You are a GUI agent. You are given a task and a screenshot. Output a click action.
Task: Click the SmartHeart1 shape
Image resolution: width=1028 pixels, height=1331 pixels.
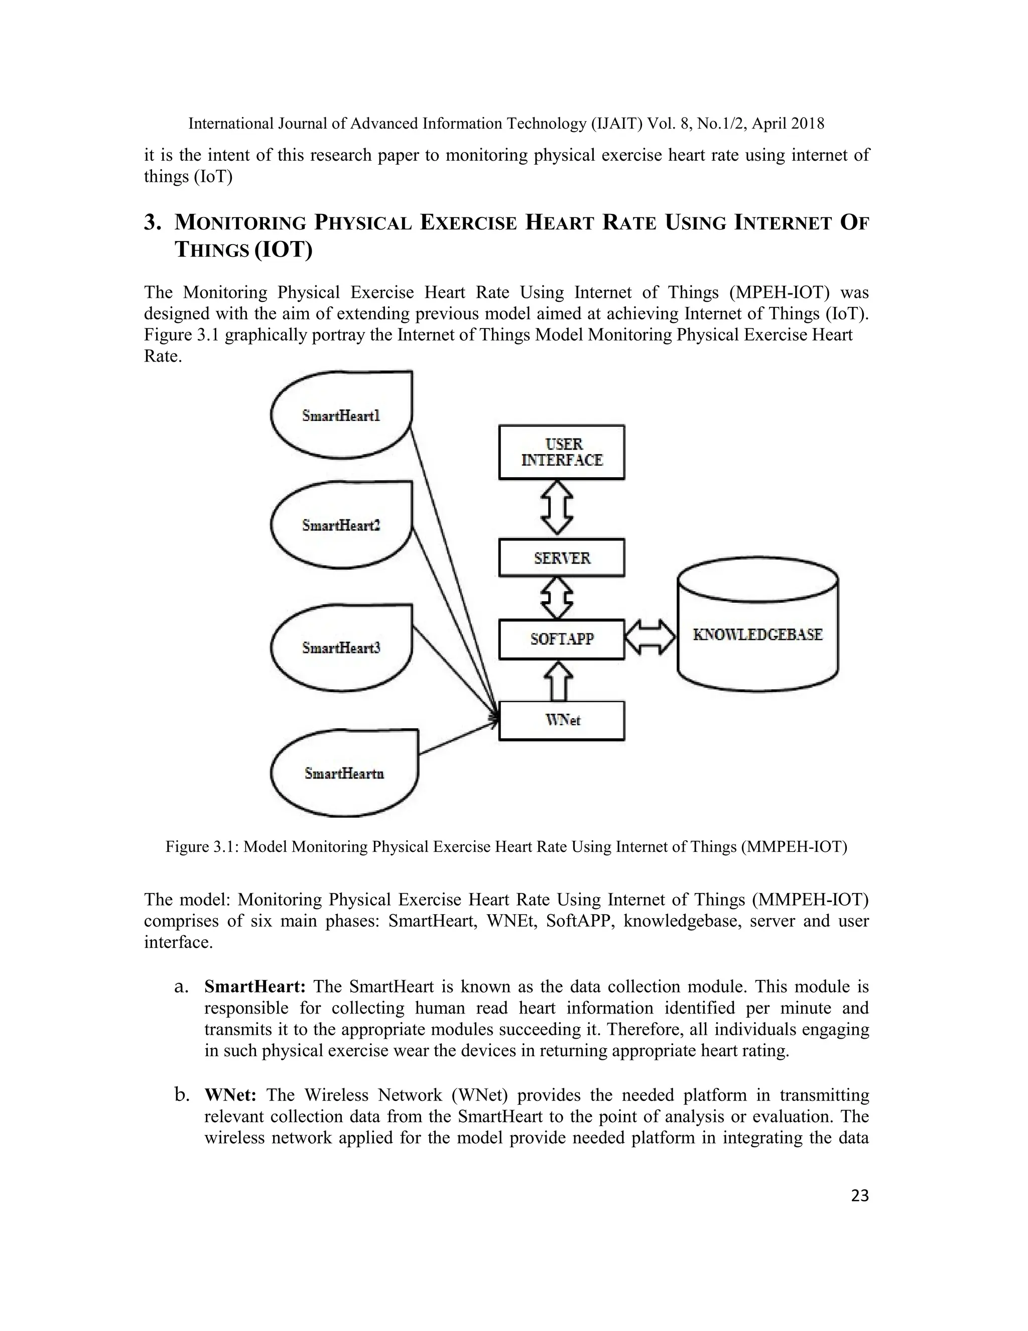[341, 416]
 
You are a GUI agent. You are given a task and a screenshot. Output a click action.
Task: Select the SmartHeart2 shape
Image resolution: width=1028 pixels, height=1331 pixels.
[341, 525]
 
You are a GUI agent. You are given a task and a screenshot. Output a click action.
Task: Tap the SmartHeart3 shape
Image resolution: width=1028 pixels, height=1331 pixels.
[341, 648]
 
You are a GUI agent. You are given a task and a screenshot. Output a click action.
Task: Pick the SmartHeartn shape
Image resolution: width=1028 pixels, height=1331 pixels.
[344, 773]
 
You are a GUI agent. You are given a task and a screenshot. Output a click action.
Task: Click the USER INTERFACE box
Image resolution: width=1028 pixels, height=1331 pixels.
[562, 452]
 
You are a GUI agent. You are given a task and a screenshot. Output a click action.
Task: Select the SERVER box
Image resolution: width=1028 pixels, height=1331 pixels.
[562, 558]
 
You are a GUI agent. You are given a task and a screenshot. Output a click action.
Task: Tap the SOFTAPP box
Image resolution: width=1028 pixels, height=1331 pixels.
[562, 639]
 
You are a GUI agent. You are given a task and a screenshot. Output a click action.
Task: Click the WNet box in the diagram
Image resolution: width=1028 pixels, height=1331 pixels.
[562, 720]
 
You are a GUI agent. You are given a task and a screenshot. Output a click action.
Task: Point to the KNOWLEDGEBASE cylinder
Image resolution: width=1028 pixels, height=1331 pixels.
[757, 634]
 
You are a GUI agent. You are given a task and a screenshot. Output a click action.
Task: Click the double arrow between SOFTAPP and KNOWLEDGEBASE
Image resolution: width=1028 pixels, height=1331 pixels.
[651, 637]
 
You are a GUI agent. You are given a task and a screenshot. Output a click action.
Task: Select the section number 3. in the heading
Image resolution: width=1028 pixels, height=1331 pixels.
[152, 223]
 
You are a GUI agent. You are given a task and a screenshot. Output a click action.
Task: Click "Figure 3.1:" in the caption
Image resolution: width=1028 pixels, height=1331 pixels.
[202, 847]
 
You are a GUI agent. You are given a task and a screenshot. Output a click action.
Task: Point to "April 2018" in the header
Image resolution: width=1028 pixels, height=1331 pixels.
[788, 124]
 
